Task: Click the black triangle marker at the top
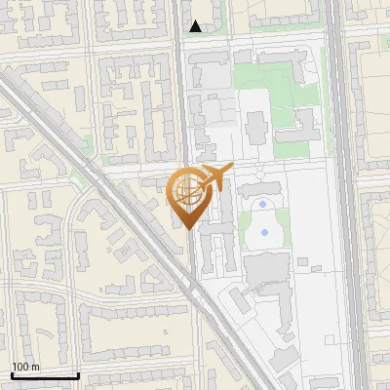196,26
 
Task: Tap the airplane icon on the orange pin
213,178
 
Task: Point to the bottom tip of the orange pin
187,229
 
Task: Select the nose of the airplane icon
230,170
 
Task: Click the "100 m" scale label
25,367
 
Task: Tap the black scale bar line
44,375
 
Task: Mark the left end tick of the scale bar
12,374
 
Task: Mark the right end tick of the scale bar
77,374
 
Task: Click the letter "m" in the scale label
35,367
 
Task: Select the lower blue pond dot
263,234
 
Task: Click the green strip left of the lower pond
244,233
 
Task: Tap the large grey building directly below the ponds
265,268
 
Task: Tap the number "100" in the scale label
20,367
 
